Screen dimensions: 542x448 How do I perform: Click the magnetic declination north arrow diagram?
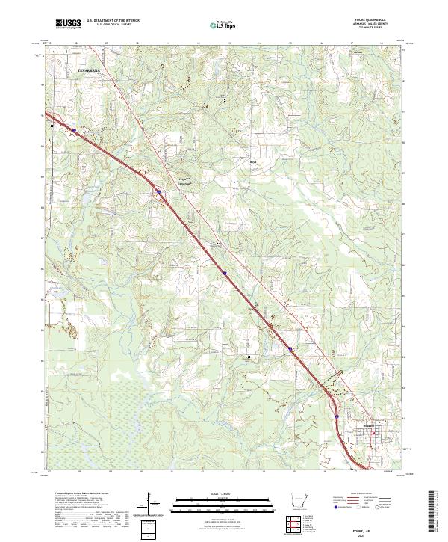point(152,505)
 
